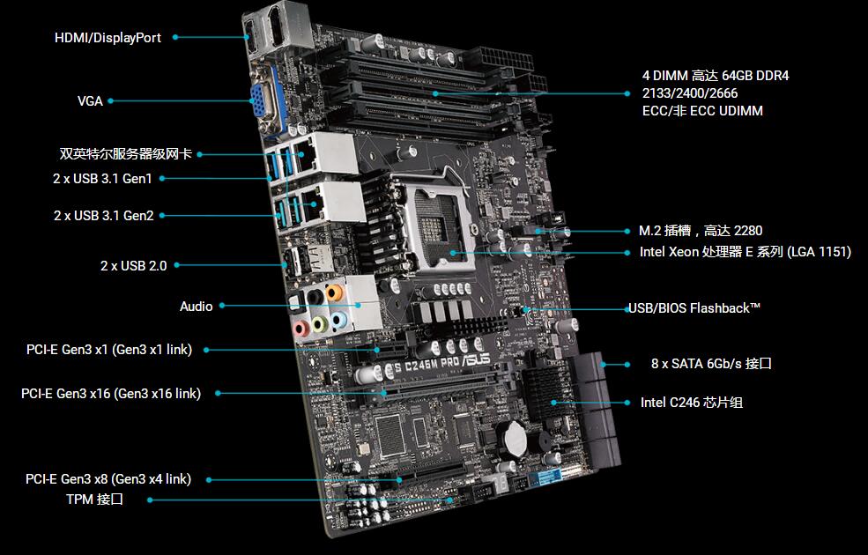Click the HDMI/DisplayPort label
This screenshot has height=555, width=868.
108,38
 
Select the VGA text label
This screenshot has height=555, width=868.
90,101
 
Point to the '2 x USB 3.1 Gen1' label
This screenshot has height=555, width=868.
102,179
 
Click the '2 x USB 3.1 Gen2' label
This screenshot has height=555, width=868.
103,216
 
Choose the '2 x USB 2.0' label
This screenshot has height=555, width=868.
133,266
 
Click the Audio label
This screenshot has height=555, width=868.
197,307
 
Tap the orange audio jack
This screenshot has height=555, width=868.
334,292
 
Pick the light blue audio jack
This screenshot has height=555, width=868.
338,321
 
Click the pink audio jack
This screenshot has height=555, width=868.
300,329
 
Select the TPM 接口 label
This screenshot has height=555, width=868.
94,499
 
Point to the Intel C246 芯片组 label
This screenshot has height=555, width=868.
692,403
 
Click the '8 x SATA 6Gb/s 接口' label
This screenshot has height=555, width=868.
711,364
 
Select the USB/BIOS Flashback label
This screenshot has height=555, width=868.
694,308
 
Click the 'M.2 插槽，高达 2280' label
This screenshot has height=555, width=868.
701,231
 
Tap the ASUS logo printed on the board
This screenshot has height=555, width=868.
476,359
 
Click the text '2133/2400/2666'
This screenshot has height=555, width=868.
690,93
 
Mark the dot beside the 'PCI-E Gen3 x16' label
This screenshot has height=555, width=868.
219,394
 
